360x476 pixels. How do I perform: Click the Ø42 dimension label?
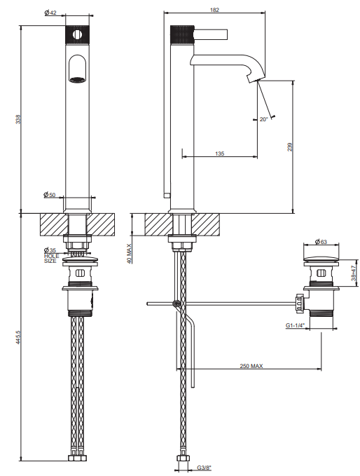(50, 13)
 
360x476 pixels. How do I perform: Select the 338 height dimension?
(18, 118)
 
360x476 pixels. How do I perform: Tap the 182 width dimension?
(214, 10)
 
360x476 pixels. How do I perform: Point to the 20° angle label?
(263, 119)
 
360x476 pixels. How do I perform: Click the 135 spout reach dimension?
(220, 154)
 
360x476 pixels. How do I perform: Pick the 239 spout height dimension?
(290, 147)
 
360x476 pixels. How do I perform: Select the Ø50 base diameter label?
(50, 195)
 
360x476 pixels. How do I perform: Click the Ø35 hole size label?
(50, 250)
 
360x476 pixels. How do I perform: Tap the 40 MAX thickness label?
(130, 254)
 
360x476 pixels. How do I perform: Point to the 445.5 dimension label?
(18, 337)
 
